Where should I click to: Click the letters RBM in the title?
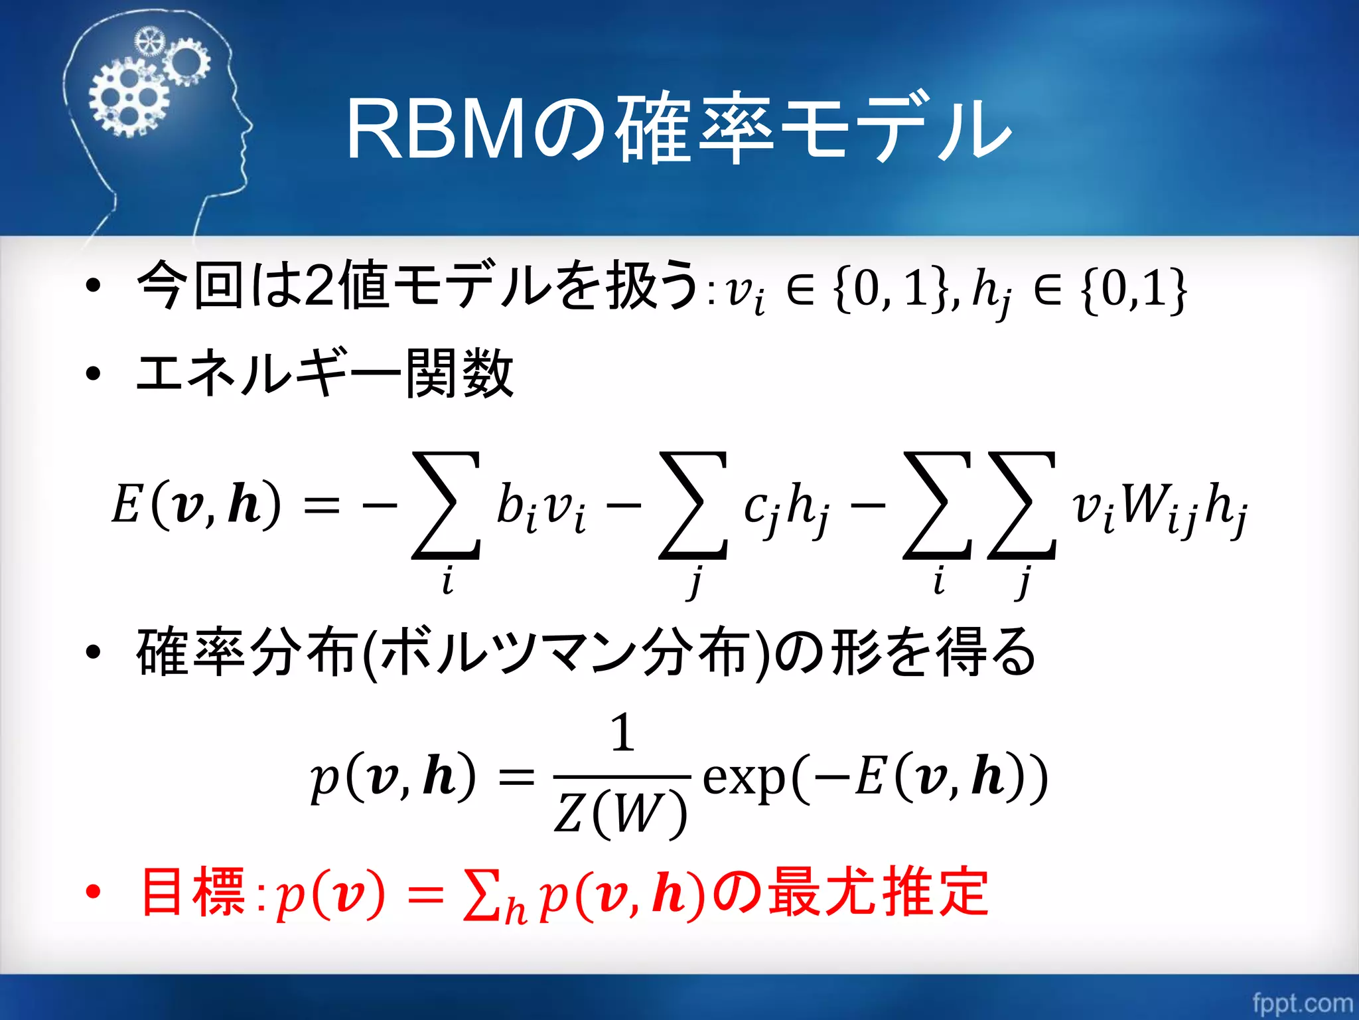(x=437, y=129)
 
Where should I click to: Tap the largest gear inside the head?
(x=128, y=100)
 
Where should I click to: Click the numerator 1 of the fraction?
(x=622, y=733)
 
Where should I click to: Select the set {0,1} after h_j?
(x=1133, y=290)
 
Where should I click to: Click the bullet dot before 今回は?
(x=94, y=286)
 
